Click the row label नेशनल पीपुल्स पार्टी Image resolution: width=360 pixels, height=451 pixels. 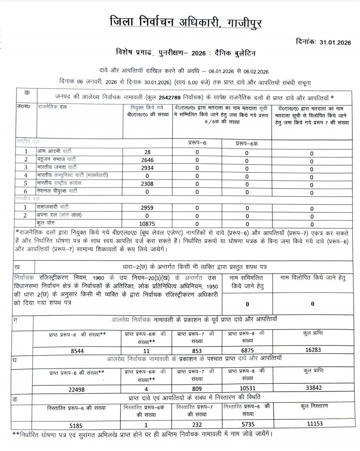click(62, 192)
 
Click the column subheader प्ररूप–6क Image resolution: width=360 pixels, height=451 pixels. click(246, 144)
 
